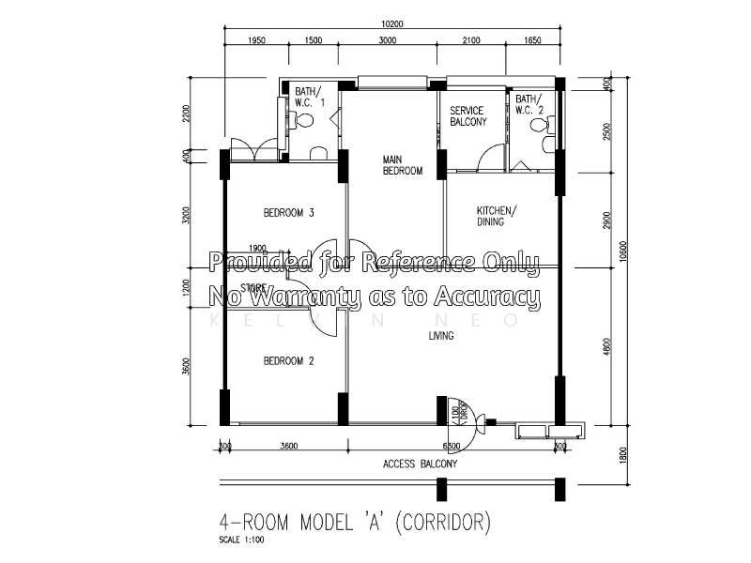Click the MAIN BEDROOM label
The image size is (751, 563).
(x=402, y=165)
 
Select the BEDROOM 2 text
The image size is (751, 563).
(x=288, y=360)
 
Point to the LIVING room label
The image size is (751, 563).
(x=441, y=335)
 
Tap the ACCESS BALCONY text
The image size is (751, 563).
(x=420, y=464)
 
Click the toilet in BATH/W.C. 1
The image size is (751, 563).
(x=301, y=120)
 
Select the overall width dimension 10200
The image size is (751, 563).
(x=393, y=24)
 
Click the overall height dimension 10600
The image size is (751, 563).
(x=622, y=251)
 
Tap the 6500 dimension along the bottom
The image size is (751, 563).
(x=451, y=446)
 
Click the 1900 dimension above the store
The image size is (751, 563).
(x=258, y=249)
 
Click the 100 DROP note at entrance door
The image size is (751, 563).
(x=455, y=412)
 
